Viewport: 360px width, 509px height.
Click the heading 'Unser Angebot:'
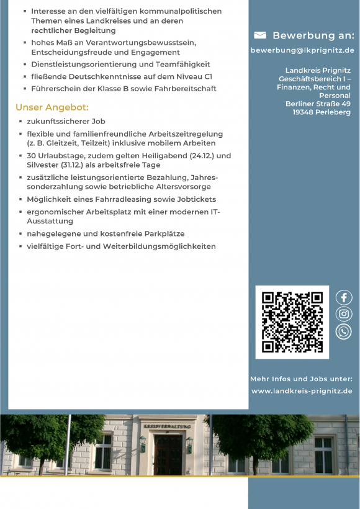coord(52,107)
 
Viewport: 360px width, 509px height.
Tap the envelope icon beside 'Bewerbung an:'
coord(260,35)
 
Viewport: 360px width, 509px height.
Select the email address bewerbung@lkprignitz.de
coord(302,50)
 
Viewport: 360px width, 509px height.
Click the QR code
coord(292,322)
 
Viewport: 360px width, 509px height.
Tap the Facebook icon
coord(343,297)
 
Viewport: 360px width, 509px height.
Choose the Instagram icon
coord(343,314)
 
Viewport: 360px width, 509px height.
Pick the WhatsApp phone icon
coord(343,331)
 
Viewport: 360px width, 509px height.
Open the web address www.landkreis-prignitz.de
coord(302,391)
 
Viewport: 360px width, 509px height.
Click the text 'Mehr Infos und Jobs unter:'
coord(301,379)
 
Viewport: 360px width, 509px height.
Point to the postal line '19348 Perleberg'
coord(322,112)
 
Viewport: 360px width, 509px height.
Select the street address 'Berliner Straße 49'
coord(318,104)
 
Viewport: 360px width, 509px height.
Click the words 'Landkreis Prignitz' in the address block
coord(318,71)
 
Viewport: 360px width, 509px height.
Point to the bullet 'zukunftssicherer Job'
coord(66,121)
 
